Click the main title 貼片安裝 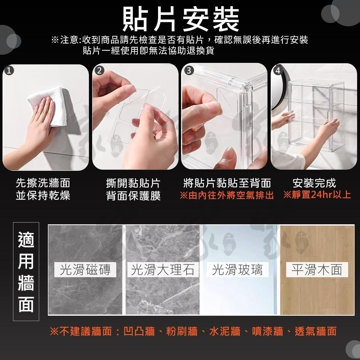point(181,19)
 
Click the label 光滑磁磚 point(85,269)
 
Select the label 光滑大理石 point(163,269)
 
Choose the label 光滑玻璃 point(238,269)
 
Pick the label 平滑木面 point(317,269)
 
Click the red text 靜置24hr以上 point(317,195)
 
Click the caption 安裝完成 point(314,183)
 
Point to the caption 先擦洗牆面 point(43,183)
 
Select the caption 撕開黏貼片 point(133,183)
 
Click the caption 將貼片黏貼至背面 point(227,183)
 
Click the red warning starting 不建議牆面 point(193,331)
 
